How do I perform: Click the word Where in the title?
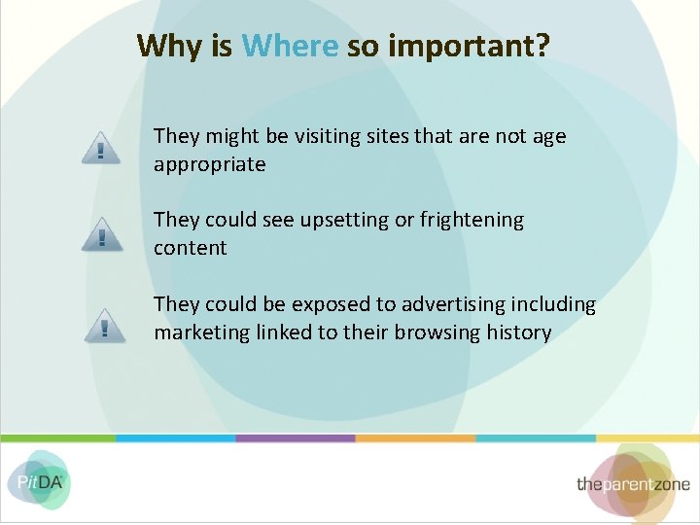290,46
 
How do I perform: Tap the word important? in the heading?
468,47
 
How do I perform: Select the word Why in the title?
170,46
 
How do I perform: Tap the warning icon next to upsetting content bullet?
102,233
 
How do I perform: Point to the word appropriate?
209,164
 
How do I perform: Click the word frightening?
472,221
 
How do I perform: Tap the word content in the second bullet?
190,248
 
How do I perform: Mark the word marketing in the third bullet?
201,332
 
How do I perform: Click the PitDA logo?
38,480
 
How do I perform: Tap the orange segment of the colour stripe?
415,438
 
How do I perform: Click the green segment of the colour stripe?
58,438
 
